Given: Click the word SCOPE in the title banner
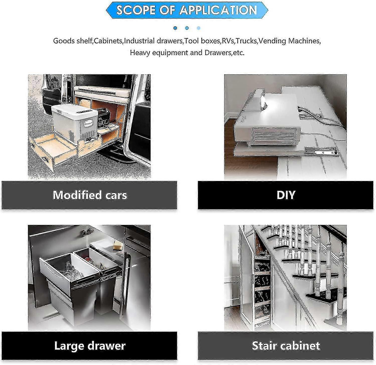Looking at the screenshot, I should coord(133,10).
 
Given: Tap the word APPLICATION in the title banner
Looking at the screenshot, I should coord(218,10).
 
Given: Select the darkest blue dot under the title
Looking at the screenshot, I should coord(175,28).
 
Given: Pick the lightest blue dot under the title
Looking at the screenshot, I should coord(199,28).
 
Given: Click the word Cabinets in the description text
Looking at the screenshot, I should coord(108,41).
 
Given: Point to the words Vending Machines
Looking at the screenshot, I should coord(289,41).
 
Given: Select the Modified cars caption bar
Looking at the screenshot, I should coord(89,195).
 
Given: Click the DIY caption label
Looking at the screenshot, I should coord(286,195).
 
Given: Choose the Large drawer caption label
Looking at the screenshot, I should coord(89,346).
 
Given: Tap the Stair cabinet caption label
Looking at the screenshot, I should coord(286,346).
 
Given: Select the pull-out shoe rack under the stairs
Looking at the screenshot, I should coord(262,283).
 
